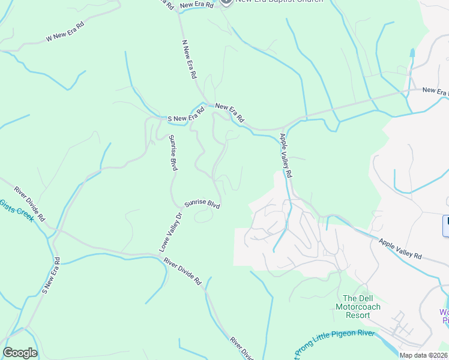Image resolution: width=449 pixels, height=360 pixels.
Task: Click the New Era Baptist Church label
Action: coord(280,1)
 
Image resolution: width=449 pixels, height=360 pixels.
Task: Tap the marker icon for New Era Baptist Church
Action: coord(226,1)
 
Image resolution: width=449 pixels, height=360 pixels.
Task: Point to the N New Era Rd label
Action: coord(190,60)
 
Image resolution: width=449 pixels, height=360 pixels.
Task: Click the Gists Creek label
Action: coord(17,211)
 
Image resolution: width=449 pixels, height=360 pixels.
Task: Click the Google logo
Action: coord(20,353)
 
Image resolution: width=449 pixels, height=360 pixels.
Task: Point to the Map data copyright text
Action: coord(424,355)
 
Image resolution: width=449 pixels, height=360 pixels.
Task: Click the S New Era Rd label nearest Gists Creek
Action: coord(50,276)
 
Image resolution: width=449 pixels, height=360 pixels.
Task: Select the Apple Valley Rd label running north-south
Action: coord(285,155)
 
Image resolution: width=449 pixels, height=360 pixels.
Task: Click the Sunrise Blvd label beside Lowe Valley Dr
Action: coord(202,204)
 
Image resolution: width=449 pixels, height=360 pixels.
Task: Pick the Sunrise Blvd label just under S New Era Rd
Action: coord(173,154)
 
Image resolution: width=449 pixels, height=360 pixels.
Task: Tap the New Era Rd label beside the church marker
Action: coord(196,5)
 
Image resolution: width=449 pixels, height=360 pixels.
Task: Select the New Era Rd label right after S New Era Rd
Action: coord(229,113)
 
